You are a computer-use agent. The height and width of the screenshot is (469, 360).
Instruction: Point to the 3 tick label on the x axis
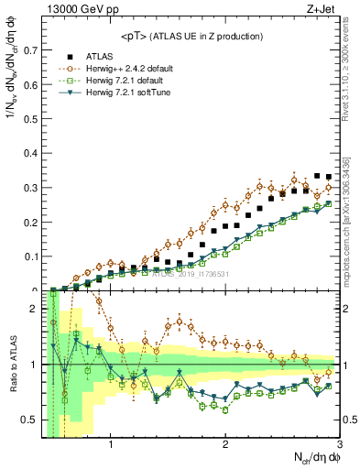tap(339, 447)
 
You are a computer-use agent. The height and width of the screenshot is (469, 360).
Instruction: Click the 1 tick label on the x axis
tap(111, 447)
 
